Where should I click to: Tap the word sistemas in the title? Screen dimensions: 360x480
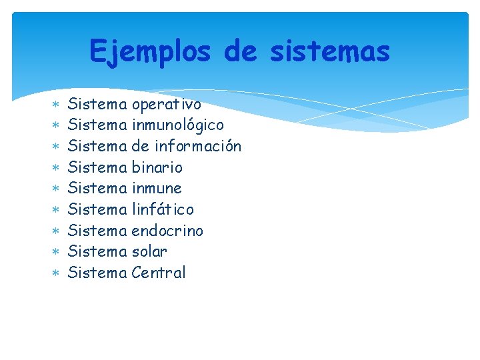329,51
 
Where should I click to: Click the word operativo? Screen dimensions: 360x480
166,105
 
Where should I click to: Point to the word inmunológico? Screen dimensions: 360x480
177,125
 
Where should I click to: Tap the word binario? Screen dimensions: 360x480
157,167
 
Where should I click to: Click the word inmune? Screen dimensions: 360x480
157,188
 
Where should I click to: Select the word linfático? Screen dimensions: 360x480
163,209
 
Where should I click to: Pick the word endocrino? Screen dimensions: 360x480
167,231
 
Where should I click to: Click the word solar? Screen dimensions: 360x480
149,251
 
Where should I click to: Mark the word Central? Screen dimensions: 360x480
159,273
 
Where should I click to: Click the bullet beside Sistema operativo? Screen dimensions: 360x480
56,105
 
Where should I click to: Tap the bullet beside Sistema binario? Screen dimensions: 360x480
56,167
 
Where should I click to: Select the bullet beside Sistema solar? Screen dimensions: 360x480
56,252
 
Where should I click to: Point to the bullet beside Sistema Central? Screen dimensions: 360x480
56,273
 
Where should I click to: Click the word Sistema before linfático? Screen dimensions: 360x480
97,209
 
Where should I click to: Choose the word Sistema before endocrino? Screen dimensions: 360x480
97,231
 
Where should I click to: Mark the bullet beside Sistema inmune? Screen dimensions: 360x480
56,189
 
